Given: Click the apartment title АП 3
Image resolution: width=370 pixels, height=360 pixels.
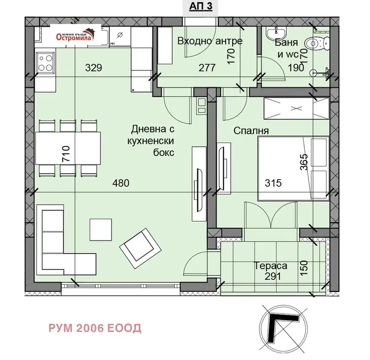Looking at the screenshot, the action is tap(201, 6).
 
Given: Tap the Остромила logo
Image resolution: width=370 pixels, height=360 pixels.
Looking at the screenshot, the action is tap(75, 35).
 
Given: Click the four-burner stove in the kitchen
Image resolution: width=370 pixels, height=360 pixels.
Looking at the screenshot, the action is tap(45, 63).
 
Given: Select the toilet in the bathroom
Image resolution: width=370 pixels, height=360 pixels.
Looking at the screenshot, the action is tap(317, 44).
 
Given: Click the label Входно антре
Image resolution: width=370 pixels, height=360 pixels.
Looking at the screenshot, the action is tap(210, 41).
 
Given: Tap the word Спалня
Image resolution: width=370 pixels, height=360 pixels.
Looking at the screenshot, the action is tap(251, 131).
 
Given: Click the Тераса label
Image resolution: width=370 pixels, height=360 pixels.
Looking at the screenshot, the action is tap(271, 266).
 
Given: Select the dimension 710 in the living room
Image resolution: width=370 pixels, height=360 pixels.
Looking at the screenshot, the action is tap(66, 154).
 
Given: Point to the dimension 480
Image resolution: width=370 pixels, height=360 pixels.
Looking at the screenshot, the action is tap(121, 183).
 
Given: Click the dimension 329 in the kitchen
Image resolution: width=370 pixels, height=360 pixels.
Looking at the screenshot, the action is tap(94, 68).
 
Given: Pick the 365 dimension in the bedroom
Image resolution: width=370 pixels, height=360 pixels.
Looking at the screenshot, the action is tap(304, 162).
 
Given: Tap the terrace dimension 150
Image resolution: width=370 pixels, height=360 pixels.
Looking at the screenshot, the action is tap(304, 267).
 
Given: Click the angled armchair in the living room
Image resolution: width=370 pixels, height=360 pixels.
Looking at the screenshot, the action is tap(140, 248).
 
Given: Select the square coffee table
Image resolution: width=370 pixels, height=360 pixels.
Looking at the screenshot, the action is tap(101, 229).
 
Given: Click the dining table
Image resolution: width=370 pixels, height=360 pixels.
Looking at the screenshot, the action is tap(68, 148).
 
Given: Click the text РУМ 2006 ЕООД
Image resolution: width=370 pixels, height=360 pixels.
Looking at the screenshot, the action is tap(95, 328).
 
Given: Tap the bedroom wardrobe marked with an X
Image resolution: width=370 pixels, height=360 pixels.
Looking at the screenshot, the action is tap(296, 109).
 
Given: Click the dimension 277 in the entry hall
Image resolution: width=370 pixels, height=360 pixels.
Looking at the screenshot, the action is tap(207, 68).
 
